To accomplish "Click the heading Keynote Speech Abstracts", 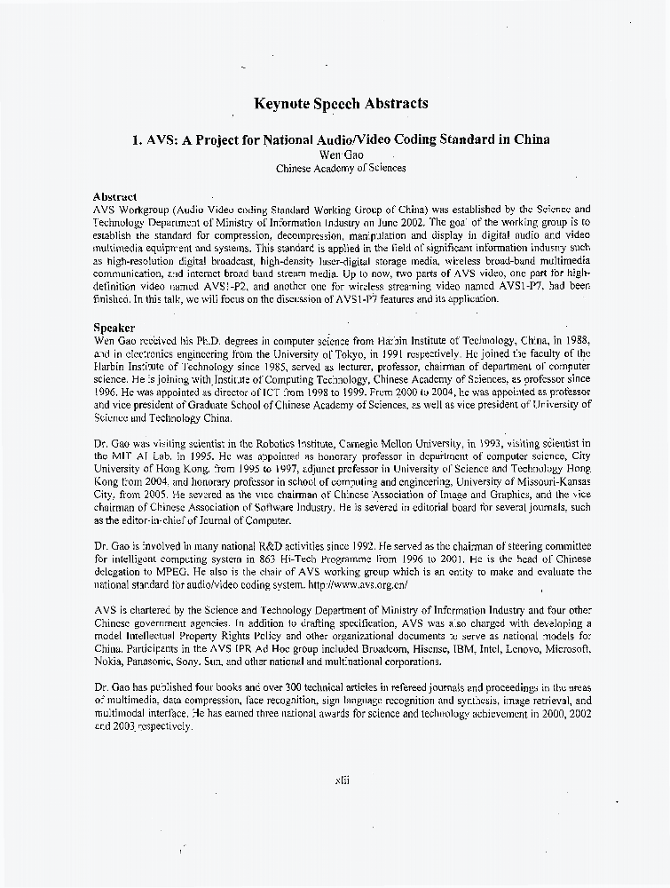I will point(341,103).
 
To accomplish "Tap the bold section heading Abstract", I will point(115,196).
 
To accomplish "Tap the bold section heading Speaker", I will point(114,328).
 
